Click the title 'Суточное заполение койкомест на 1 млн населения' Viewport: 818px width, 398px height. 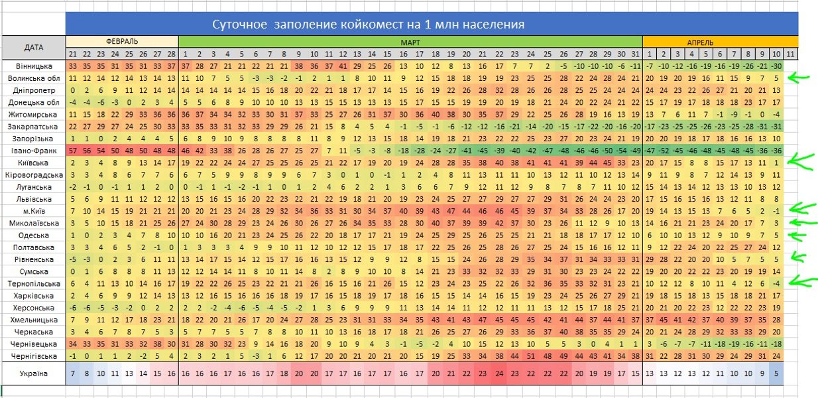368,25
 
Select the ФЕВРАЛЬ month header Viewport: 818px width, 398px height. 122,41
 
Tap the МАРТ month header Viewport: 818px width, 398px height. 410,41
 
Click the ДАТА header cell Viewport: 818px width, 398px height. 33,47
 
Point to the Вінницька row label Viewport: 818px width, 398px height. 33,66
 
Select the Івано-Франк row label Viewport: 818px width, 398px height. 33,151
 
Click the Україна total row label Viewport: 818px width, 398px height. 33,374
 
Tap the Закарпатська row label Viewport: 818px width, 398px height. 33,127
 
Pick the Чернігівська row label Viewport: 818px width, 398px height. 33,356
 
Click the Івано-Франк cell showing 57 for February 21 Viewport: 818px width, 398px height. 73,151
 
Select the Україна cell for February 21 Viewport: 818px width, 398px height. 73,374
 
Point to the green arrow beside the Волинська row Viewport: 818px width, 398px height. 801,78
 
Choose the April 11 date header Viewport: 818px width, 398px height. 790,54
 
